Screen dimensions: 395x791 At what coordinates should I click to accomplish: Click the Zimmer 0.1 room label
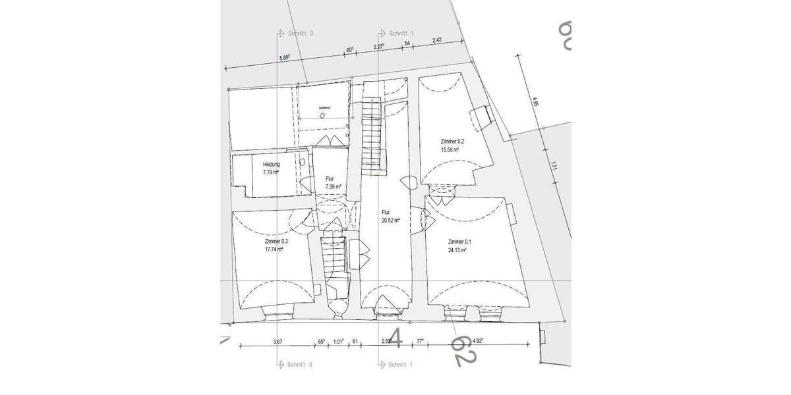click(460, 242)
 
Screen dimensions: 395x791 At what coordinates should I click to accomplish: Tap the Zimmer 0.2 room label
click(453, 142)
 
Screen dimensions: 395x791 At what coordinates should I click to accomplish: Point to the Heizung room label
click(271, 165)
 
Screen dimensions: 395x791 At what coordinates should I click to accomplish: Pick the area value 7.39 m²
click(334, 187)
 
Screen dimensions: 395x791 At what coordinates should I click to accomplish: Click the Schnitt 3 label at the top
click(300, 32)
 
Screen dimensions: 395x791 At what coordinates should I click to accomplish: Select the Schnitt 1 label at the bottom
click(401, 364)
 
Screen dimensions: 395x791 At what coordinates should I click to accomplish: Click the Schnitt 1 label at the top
click(401, 32)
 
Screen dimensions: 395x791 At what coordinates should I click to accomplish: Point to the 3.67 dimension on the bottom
click(278, 341)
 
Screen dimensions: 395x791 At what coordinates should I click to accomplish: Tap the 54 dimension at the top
click(407, 43)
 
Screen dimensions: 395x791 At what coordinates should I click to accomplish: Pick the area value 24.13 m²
click(460, 250)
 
